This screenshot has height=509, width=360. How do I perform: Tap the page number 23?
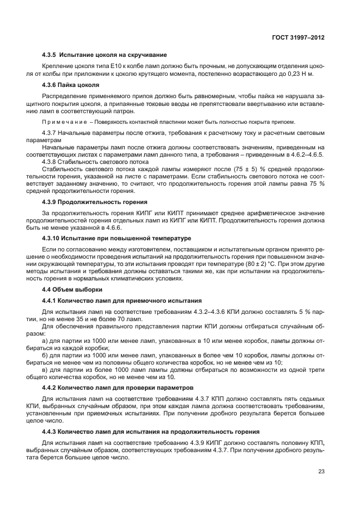coord(322,471)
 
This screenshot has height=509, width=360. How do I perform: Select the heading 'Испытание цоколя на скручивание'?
coord(115,55)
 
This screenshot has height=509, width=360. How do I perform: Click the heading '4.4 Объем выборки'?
coord(66,290)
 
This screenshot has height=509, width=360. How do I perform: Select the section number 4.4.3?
coord(51,432)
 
